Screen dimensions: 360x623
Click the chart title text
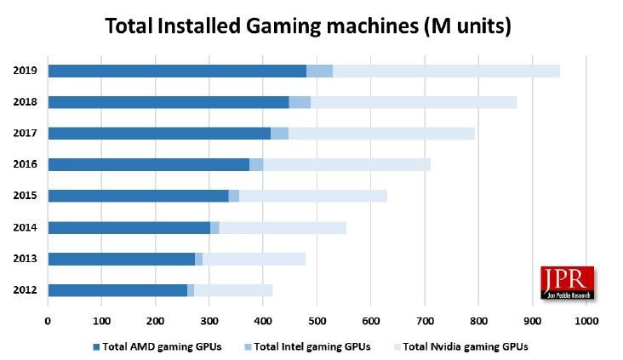[308, 26]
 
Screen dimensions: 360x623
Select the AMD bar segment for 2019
[177, 71]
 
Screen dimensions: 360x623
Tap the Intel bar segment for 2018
[300, 102]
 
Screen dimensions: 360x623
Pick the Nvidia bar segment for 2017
[381, 133]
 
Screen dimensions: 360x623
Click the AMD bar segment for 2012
[117, 290]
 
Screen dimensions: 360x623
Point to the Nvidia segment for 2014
[283, 227]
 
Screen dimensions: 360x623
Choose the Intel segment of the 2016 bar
[256, 164]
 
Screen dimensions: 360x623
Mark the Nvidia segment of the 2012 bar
[233, 290]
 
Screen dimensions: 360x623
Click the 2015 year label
[24, 196]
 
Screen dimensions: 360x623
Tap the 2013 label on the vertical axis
[24, 259]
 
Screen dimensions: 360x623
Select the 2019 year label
[24, 71]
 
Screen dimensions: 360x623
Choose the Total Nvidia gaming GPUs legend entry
[465, 346]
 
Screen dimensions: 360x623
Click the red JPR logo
[567, 283]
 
